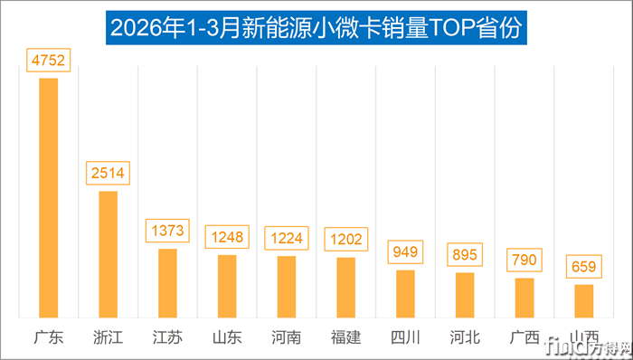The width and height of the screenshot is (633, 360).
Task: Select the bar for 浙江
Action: click(x=108, y=254)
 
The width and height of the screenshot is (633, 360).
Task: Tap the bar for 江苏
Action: click(x=167, y=283)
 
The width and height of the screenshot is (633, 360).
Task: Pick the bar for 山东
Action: click(x=227, y=286)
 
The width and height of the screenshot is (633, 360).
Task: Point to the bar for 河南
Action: click(x=286, y=287)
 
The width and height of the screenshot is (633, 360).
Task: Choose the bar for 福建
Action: click(x=345, y=288)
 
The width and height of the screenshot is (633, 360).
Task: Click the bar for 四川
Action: click(x=405, y=293)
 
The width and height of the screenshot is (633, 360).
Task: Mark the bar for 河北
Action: click(x=465, y=295)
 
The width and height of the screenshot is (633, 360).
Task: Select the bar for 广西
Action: click(x=524, y=298)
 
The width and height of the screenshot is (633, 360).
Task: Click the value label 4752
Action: click(x=48, y=61)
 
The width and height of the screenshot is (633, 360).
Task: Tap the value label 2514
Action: click(x=108, y=173)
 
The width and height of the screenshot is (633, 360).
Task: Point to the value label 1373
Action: click(x=167, y=231)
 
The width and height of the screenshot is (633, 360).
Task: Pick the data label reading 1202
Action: click(x=345, y=240)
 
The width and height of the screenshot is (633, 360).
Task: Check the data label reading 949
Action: click(x=405, y=251)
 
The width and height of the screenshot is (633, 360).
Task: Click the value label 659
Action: click(x=583, y=267)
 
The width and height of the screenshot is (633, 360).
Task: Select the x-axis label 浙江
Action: click(x=108, y=338)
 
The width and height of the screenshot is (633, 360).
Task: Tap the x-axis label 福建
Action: click(x=345, y=338)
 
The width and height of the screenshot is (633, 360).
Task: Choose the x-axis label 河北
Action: click(x=465, y=338)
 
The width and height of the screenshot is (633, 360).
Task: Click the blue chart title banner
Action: click(x=316, y=26)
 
